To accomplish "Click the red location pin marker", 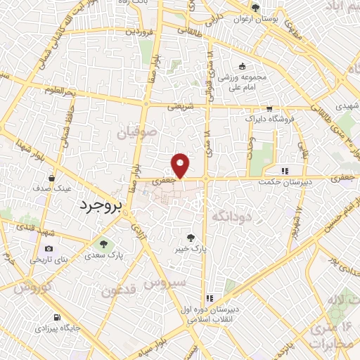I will pyautogui.click(x=181, y=165).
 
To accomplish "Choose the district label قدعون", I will pyautogui.click(x=116, y=290).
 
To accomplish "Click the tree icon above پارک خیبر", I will pyautogui.click(x=191, y=237).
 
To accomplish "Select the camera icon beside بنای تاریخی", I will pyautogui.click(x=49, y=248).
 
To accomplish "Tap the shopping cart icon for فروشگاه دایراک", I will pyautogui.click(x=269, y=108).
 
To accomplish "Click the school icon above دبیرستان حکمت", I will pyautogui.click(x=285, y=170).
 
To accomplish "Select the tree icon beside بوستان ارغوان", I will pyautogui.click(x=255, y=8).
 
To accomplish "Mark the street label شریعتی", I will pyautogui.click(x=181, y=107).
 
